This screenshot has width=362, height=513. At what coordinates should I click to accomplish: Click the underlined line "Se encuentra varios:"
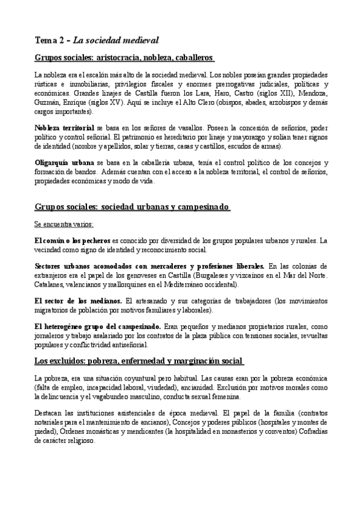pos(63,224)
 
